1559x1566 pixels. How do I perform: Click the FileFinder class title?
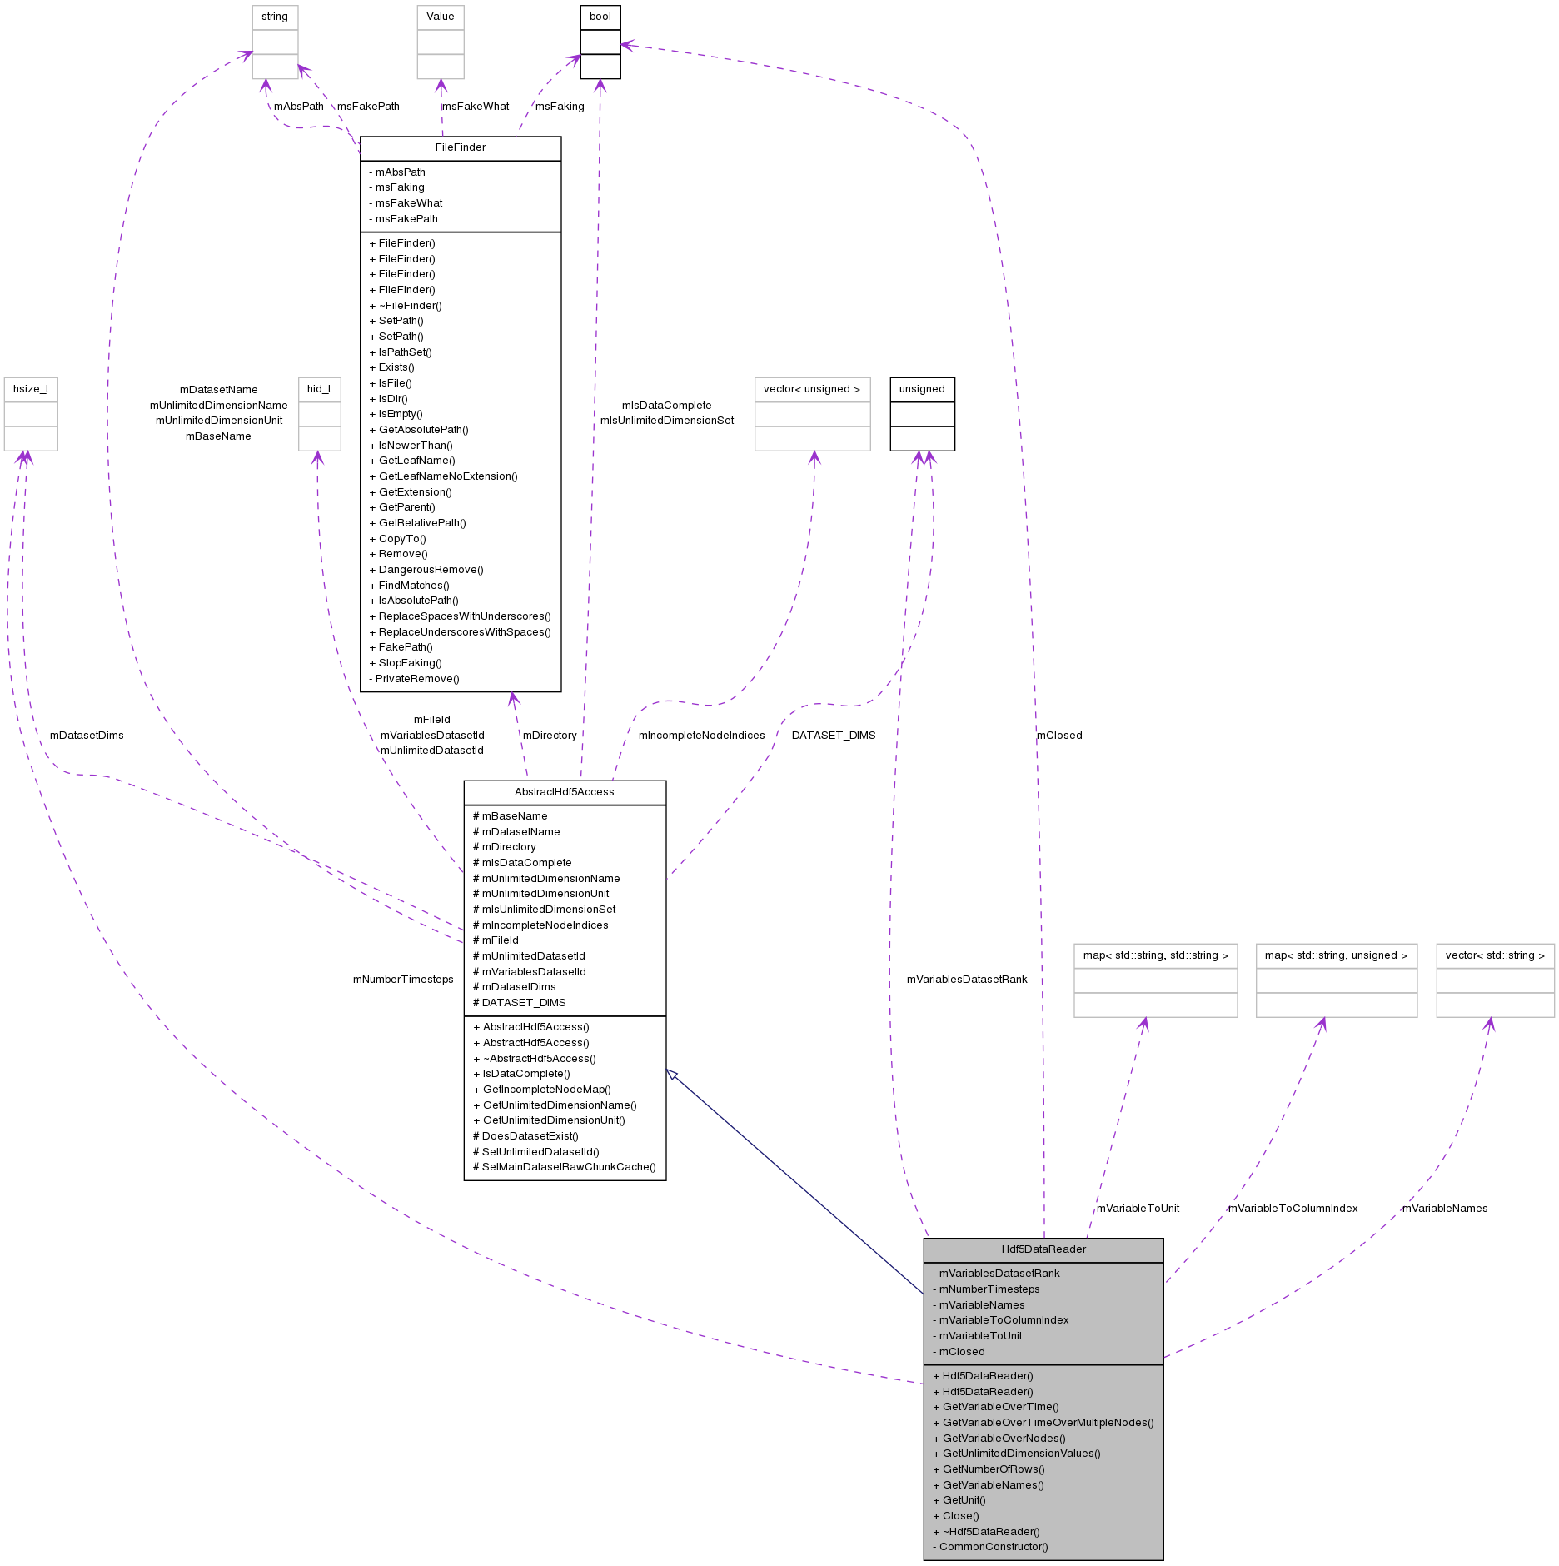coord(460,147)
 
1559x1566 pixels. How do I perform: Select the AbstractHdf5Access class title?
coord(564,792)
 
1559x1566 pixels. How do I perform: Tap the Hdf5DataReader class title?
coord(1043,1249)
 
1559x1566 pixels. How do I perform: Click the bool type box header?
coord(600,17)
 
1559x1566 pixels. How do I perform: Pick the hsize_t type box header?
coord(31,389)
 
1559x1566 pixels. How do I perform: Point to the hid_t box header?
coord(319,389)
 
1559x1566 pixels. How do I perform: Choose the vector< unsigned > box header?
coord(811,389)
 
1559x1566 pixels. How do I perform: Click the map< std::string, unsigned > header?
coord(1335,955)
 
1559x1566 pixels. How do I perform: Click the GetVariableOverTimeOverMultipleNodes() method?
coord(1047,1423)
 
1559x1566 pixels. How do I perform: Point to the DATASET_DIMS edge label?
coord(833,736)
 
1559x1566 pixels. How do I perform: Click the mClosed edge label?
coord(1058,736)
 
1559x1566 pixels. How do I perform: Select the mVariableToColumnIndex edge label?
coord(1292,1209)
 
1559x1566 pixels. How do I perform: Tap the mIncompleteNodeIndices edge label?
coord(701,736)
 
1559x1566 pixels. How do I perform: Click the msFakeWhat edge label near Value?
coord(475,107)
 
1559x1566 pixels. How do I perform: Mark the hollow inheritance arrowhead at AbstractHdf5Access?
coord(672,1075)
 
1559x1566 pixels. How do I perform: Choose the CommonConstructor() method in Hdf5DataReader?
coord(993,1547)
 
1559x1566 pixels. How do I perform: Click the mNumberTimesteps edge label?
coord(403,980)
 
